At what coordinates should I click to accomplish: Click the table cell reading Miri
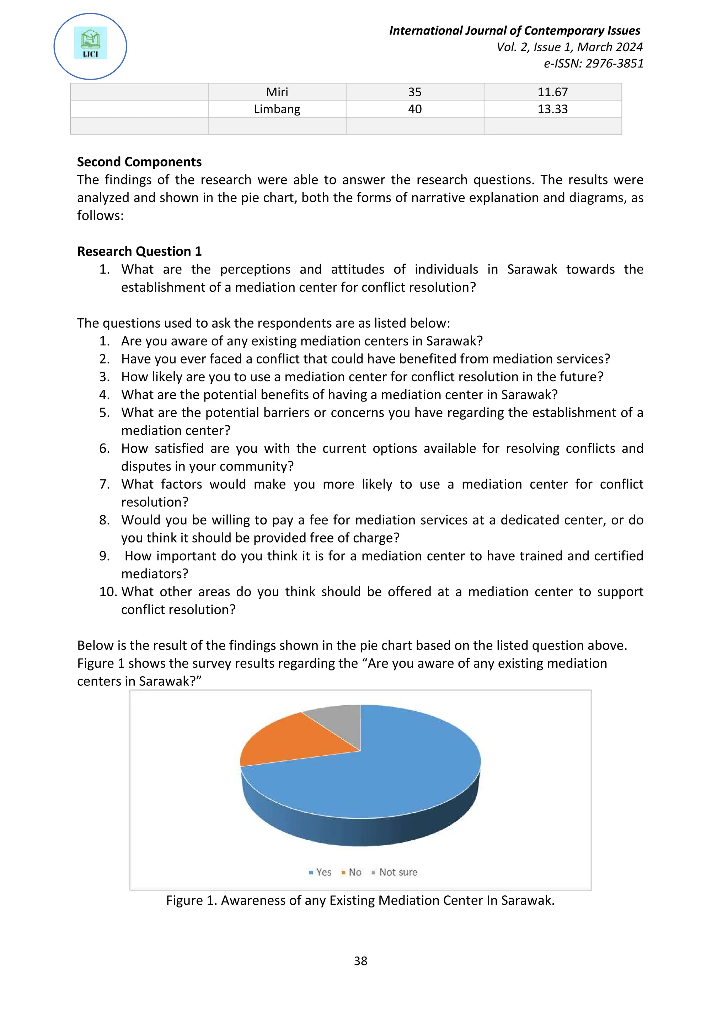pyautogui.click(x=277, y=92)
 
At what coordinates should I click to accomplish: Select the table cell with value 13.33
pyautogui.click(x=552, y=109)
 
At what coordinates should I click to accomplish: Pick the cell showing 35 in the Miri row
pyautogui.click(x=415, y=92)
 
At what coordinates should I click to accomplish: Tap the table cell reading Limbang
pyautogui.click(x=277, y=109)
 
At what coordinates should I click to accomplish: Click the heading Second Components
pyautogui.click(x=139, y=162)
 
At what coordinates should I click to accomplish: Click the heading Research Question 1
pyautogui.click(x=139, y=252)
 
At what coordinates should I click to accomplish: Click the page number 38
pyautogui.click(x=360, y=961)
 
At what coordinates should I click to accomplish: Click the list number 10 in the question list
pyautogui.click(x=108, y=592)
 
